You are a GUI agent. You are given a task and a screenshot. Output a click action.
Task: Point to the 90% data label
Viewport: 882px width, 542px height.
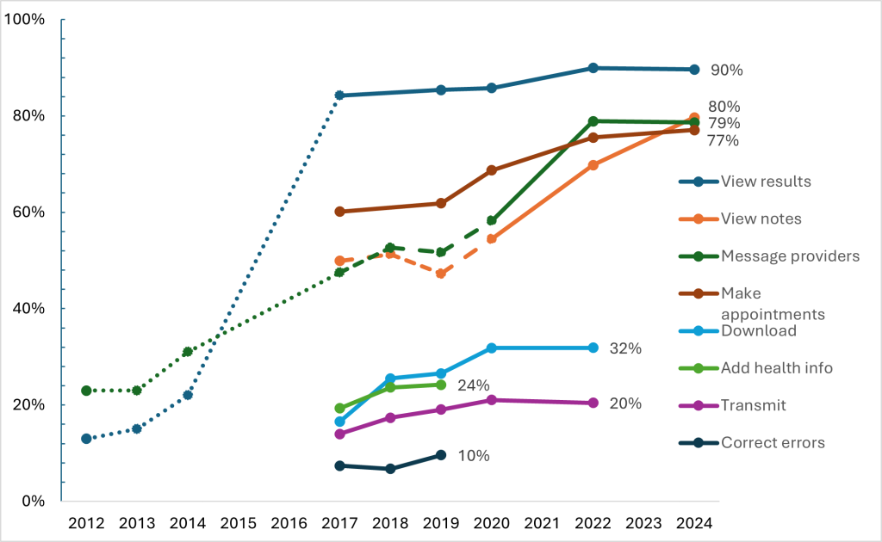726,71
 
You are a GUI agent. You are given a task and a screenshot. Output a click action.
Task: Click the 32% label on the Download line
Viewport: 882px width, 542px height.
624,348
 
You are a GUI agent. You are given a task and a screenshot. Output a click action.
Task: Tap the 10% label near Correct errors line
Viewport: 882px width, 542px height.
473,456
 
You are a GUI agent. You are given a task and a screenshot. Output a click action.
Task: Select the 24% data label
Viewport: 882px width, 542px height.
473,385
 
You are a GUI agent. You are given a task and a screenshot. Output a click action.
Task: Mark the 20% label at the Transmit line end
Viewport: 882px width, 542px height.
624,403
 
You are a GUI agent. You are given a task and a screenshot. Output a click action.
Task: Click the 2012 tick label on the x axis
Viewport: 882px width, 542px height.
86,522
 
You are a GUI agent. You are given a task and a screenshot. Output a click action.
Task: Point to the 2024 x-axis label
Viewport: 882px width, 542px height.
694,522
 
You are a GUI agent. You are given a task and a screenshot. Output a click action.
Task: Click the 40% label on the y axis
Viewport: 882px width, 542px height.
28,309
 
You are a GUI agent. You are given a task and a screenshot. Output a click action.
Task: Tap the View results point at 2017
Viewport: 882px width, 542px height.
339,95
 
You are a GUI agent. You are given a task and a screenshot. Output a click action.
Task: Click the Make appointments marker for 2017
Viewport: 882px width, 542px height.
339,212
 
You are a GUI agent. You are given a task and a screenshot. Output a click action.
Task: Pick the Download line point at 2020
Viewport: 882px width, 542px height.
492,348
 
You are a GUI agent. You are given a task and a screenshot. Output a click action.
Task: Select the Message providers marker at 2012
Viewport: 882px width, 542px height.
86,391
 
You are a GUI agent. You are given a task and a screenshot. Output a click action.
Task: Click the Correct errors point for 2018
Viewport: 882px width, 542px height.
390,469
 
